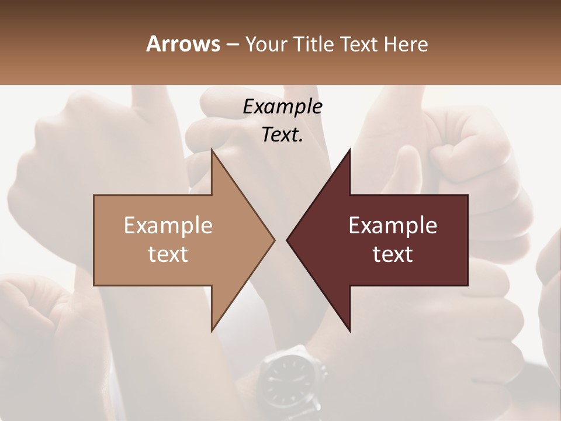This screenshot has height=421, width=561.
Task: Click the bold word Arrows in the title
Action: [183, 44]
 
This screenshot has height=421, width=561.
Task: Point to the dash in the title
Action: [232, 44]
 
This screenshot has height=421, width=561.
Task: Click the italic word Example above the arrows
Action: [282, 106]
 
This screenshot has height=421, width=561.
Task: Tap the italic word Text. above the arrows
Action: [282, 134]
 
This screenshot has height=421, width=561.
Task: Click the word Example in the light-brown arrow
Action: [168, 225]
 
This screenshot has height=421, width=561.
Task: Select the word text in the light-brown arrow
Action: [168, 254]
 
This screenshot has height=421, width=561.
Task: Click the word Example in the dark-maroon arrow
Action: [393, 225]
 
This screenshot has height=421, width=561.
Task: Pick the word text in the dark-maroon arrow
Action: [393, 254]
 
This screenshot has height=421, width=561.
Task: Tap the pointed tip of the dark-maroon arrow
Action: [289, 240]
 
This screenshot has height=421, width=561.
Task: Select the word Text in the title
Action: [359, 44]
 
